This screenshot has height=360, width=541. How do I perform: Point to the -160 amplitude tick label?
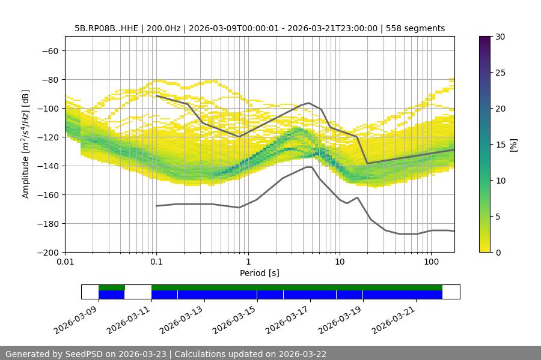tap(48, 194)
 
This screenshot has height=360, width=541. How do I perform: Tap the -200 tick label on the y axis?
tap(48, 252)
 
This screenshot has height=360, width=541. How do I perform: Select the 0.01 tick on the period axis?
tap(66, 262)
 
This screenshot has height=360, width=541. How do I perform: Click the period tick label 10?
tap(340, 262)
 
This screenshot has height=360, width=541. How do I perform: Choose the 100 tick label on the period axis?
tap(431, 262)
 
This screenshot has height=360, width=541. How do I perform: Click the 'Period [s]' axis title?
tap(260, 273)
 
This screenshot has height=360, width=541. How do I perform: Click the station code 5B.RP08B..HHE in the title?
tap(106, 28)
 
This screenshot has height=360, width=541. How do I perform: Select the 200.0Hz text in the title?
tap(162, 28)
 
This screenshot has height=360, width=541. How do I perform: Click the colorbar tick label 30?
tap(499, 37)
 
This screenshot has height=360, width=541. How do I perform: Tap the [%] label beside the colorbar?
tap(513, 145)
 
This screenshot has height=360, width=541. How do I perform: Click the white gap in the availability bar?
tap(138, 292)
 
